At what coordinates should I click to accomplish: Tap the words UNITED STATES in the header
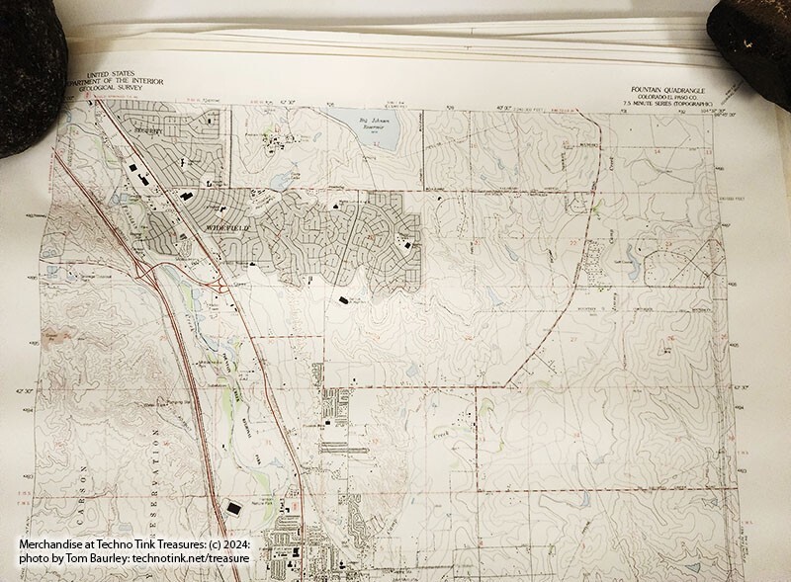click(x=109, y=75)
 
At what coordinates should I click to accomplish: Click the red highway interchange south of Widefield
click(x=220, y=283)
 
